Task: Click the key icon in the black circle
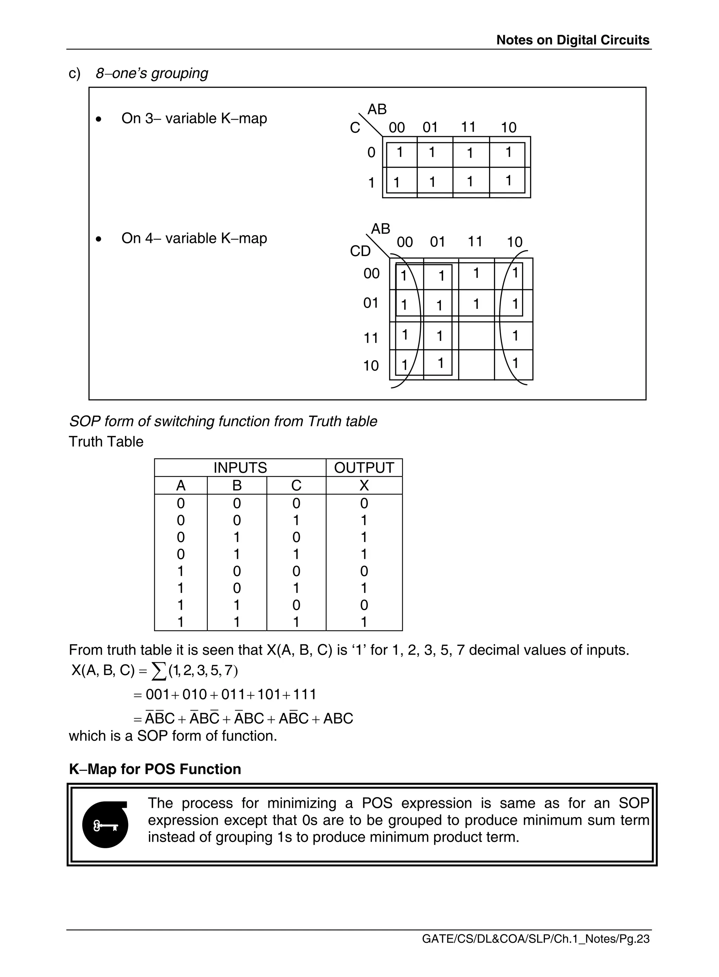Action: coord(105,825)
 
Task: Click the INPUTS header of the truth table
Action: coord(240,468)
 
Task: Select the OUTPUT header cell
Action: coord(364,468)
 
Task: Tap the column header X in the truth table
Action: coord(364,485)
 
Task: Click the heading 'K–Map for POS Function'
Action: coord(155,769)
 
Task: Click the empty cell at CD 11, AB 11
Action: coord(476,336)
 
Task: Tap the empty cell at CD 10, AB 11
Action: coord(476,365)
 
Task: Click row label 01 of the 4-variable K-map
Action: coord(371,303)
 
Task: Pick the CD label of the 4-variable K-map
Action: coord(360,251)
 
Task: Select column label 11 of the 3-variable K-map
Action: coord(468,127)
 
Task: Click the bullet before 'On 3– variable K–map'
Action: coord(99,119)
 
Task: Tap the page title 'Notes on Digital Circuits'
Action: coord(573,40)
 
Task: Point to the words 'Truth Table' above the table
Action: coord(106,442)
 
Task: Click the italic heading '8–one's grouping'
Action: coord(152,73)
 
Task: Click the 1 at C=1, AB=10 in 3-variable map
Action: coord(508,180)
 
